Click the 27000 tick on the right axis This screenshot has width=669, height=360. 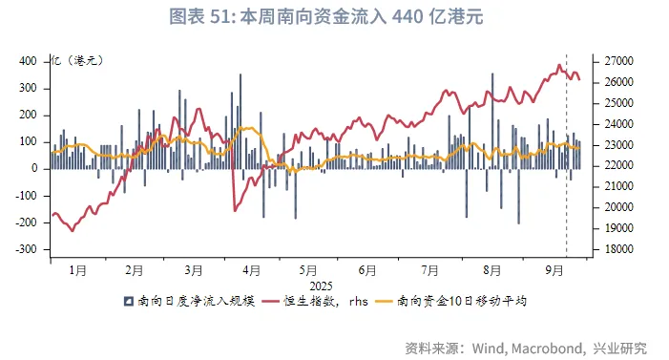(x=613, y=61)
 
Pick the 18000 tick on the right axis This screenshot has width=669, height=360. (x=613, y=248)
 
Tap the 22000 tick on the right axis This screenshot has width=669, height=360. (x=613, y=165)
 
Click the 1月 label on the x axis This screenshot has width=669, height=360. (x=79, y=270)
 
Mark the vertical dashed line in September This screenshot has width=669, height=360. (x=567, y=143)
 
